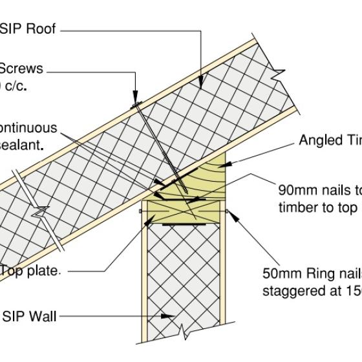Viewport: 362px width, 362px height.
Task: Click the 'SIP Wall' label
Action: [29, 316]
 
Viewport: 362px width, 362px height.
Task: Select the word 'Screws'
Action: [21, 68]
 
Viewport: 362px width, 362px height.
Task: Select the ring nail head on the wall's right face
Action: [226, 211]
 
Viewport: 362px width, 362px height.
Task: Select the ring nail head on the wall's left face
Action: [140, 211]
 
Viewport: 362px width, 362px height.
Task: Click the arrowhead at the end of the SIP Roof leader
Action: [202, 85]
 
